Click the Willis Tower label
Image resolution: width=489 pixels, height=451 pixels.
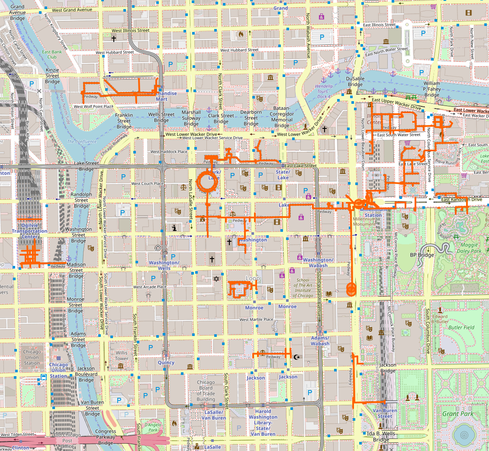click(122, 355)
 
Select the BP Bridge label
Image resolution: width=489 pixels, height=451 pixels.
click(421, 255)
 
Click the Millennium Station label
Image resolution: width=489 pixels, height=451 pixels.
click(373, 212)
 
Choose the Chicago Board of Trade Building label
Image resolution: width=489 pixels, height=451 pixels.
click(206, 390)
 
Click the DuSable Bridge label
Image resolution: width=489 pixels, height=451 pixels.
click(355, 82)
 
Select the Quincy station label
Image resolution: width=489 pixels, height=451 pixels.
click(166, 362)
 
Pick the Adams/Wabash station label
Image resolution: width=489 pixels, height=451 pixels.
click(320, 341)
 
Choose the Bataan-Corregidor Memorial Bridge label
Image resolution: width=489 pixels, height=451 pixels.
click(282, 117)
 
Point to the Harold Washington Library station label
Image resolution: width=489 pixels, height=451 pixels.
click(263, 422)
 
